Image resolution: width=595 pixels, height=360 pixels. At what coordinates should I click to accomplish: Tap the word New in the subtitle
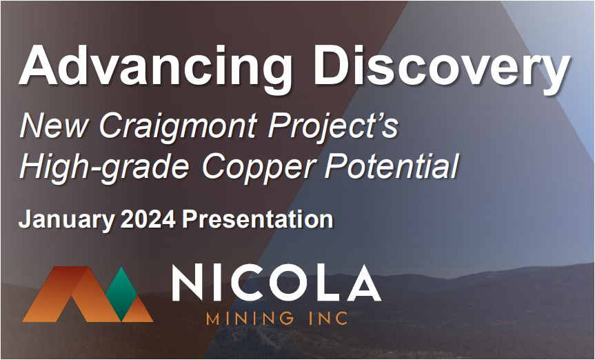pos(54,126)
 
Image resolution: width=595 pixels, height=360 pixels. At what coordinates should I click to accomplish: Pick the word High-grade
pos(104,167)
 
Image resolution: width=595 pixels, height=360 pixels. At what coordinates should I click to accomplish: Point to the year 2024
pos(148,219)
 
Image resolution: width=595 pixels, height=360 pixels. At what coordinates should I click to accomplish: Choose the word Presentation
pos(257,219)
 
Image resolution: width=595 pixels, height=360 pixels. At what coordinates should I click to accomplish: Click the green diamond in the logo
pos(121,294)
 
